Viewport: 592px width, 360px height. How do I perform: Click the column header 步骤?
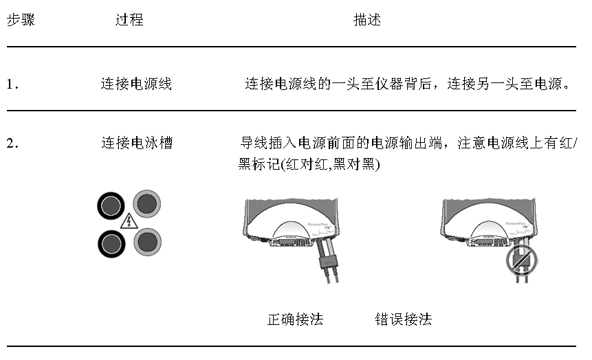pyautogui.click(x=21, y=20)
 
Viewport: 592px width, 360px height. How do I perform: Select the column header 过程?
pyautogui.click(x=129, y=20)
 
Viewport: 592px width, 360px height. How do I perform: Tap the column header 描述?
pyautogui.click(x=366, y=20)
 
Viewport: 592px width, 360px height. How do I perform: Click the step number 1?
pyautogui.click(x=12, y=85)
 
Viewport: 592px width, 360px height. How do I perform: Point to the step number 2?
pyautogui.click(x=12, y=144)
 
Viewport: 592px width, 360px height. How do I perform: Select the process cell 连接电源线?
pyautogui.click(x=136, y=85)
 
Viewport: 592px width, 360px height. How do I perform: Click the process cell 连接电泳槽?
pyautogui.click(x=136, y=144)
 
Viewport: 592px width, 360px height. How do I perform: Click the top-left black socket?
pyautogui.click(x=111, y=205)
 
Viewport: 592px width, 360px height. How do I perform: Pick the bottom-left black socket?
pyautogui.click(x=111, y=242)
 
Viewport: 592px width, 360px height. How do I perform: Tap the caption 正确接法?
pyautogui.click(x=295, y=319)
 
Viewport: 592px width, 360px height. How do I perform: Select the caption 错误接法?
pyautogui.click(x=403, y=319)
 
